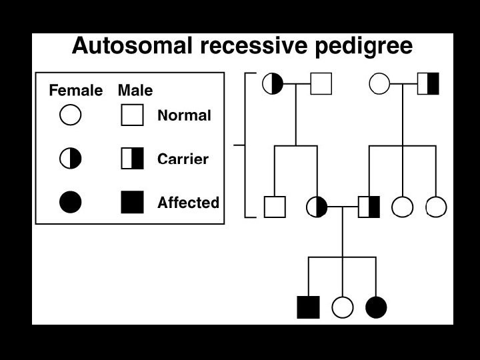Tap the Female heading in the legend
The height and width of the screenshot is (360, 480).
coord(76,91)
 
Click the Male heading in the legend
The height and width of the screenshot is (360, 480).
coord(135,91)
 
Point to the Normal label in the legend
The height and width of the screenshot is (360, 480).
coord(184,115)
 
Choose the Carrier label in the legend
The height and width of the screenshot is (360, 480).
coord(183,159)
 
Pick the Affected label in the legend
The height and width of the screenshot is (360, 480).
coord(188,203)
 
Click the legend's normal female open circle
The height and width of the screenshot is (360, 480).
coord(71,115)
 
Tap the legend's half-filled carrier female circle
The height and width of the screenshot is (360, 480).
coord(71,159)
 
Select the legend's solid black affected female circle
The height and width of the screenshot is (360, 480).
coord(71,202)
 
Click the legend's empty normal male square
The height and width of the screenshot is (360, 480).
coord(132,115)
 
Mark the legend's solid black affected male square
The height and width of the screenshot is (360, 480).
coord(132,202)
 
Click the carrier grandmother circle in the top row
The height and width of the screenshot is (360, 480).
coord(273,83)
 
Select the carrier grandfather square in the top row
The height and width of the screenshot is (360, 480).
coord(428,83)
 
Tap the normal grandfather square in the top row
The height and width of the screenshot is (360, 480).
coord(321,83)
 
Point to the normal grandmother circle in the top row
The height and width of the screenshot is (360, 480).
coord(379,83)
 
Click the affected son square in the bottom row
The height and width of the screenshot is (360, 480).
coord(308,307)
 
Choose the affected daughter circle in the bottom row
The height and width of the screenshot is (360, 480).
coord(376,307)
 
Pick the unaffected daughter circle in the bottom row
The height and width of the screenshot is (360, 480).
coord(342,307)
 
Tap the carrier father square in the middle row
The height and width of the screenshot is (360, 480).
coord(369,207)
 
